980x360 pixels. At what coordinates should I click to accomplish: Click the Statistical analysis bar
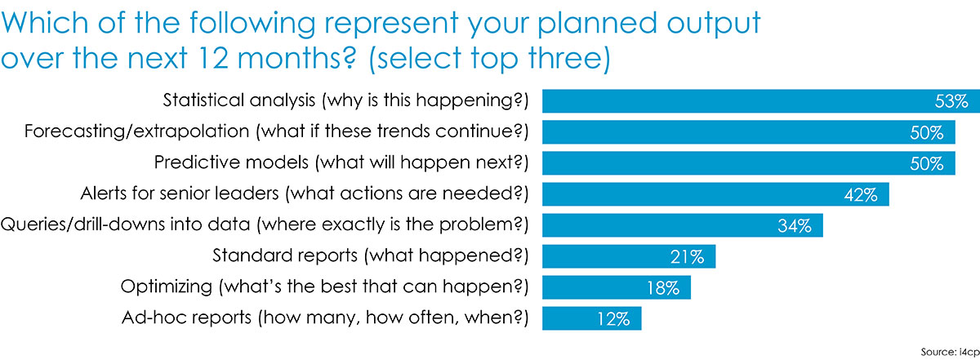[x=761, y=101]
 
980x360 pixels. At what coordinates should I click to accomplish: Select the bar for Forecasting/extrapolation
[x=749, y=132]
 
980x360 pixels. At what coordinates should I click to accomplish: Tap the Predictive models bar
[x=749, y=163]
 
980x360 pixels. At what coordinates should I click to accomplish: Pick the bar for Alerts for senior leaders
[x=715, y=194]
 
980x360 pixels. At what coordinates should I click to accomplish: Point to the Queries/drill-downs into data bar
[x=683, y=225]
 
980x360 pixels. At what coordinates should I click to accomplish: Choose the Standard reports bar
[x=629, y=256]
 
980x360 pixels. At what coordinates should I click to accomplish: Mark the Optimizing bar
[x=617, y=287]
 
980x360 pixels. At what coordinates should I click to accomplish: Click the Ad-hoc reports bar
[x=592, y=318]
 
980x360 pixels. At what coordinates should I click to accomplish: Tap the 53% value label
[x=951, y=101]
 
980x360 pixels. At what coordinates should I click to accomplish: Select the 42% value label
[x=861, y=194]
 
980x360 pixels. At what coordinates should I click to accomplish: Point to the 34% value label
[x=795, y=225]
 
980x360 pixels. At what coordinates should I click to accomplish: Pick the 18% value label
[x=663, y=288]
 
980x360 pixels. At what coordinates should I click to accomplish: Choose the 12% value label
[x=613, y=319]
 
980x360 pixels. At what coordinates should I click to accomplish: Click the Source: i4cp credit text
[x=951, y=352]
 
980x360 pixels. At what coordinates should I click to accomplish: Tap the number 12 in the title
[x=212, y=58]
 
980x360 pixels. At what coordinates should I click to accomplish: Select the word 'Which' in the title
[x=45, y=22]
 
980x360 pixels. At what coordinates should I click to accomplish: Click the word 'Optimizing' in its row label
[x=167, y=287]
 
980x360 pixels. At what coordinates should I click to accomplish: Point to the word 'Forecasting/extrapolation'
[x=136, y=131]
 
